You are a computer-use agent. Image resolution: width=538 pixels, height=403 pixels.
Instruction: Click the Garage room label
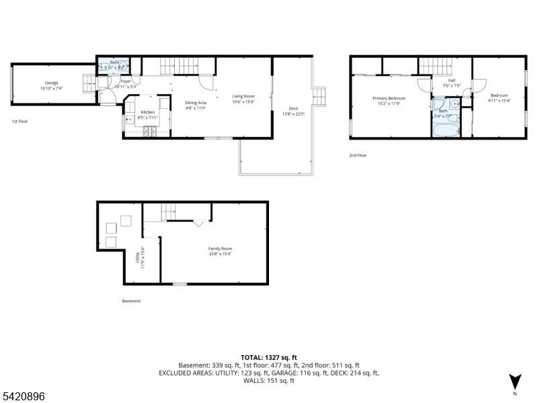(x=52, y=83)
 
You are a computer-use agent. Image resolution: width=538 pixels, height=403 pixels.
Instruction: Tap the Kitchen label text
(x=147, y=112)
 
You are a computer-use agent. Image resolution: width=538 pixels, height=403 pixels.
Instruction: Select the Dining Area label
(x=195, y=102)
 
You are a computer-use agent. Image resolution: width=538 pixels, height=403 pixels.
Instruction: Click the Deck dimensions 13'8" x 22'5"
(x=293, y=113)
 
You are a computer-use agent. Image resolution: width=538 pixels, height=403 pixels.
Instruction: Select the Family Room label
(x=220, y=249)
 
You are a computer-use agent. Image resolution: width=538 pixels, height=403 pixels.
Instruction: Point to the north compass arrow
(x=515, y=381)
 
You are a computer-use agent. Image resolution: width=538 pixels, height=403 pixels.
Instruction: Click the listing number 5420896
(x=23, y=397)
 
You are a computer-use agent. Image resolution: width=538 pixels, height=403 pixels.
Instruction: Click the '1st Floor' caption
(x=20, y=122)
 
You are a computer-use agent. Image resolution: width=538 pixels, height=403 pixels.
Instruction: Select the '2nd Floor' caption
(x=358, y=155)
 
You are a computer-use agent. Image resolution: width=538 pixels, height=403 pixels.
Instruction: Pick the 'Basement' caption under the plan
(x=131, y=301)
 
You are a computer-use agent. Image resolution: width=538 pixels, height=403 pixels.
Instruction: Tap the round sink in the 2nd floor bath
(x=455, y=104)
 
